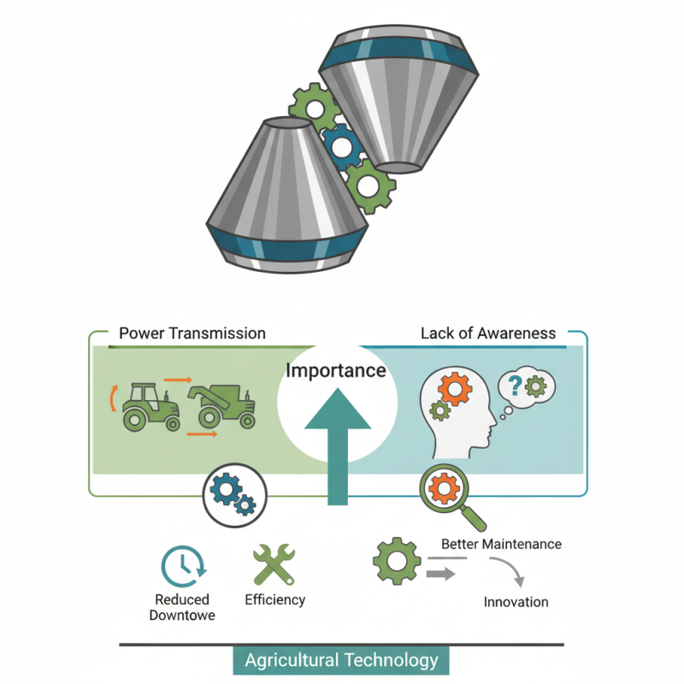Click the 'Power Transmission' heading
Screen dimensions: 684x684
tap(192, 333)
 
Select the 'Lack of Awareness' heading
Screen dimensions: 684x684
tap(487, 333)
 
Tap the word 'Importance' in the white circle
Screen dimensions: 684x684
tap(336, 371)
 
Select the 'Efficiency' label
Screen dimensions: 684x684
tap(274, 599)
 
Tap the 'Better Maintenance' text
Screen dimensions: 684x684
tap(501, 544)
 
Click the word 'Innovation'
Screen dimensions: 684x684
tap(516, 602)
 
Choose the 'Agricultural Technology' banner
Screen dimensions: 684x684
tap(341, 660)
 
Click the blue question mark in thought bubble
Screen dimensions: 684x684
tap(515, 385)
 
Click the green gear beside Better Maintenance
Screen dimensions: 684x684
tap(396, 562)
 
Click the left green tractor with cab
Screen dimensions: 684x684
tap(150, 405)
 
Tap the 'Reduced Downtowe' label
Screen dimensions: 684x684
tap(182, 607)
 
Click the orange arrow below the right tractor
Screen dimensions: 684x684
tap(201, 434)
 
